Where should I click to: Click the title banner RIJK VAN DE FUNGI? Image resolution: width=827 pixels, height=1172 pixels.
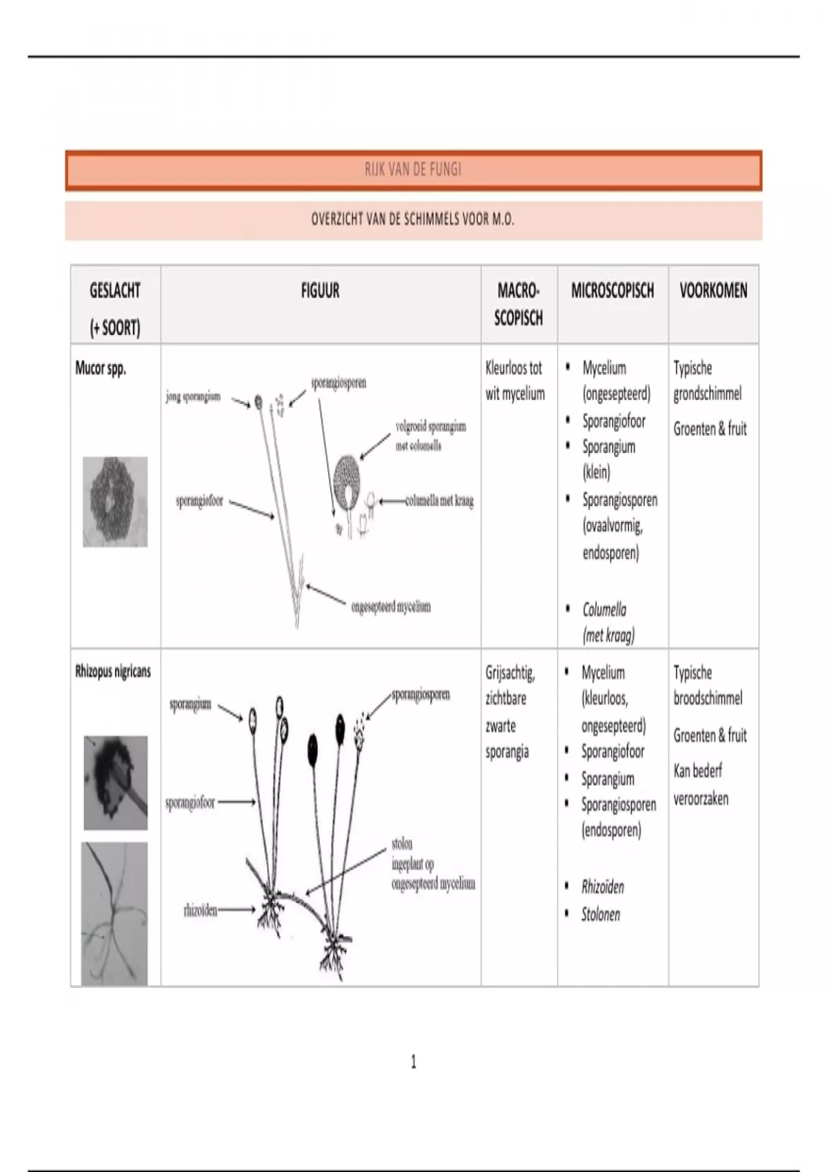pyautogui.click(x=413, y=170)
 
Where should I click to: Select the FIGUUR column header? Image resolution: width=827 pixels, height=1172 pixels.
pyautogui.click(x=320, y=291)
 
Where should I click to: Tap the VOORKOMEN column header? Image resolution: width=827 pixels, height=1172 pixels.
pyautogui.click(x=713, y=291)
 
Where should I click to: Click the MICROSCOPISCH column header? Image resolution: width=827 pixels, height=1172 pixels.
pyautogui.click(x=613, y=291)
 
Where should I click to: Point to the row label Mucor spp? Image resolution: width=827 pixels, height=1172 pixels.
pyautogui.click(x=101, y=368)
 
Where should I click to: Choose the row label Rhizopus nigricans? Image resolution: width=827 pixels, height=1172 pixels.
pyautogui.click(x=113, y=671)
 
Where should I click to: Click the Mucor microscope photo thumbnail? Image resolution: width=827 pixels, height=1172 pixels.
pyautogui.click(x=115, y=502)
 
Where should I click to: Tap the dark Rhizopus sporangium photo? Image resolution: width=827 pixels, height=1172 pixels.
pyautogui.click(x=115, y=782)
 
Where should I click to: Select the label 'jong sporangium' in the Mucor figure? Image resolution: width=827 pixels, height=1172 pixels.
pyautogui.click(x=193, y=396)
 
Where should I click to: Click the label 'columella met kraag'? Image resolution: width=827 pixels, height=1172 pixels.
pyautogui.click(x=439, y=501)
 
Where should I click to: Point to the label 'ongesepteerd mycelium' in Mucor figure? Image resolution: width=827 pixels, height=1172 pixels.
pyautogui.click(x=391, y=607)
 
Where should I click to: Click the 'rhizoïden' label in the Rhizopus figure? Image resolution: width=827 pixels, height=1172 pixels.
pyautogui.click(x=200, y=911)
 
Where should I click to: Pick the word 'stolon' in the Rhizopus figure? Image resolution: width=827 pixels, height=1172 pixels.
pyautogui.click(x=402, y=844)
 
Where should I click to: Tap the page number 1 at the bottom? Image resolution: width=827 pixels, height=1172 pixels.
pyautogui.click(x=413, y=1062)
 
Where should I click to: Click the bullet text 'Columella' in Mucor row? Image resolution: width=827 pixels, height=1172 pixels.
pyautogui.click(x=604, y=609)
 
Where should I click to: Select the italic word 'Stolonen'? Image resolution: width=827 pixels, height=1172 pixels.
pyautogui.click(x=600, y=915)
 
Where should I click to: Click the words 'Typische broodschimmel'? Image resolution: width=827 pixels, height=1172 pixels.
pyautogui.click(x=708, y=685)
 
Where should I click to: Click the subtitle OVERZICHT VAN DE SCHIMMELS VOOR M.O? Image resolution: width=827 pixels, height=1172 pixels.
pyautogui.click(x=413, y=220)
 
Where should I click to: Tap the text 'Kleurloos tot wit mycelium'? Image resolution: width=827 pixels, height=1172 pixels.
pyautogui.click(x=515, y=381)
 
